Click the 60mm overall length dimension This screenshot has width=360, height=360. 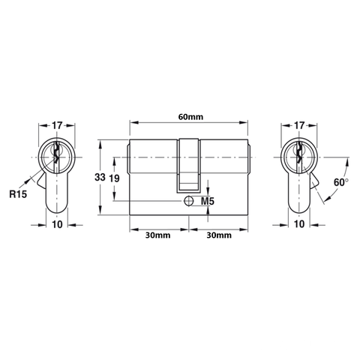coord(189,116)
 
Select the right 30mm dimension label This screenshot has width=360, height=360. coord(219,235)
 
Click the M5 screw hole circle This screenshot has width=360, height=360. coord(188,201)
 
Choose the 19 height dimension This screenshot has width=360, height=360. coord(114,178)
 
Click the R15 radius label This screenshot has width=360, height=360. coord(19,193)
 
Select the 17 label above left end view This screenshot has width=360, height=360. coord(58,125)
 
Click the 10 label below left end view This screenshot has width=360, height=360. coord(58,224)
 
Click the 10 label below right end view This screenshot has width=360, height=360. coord(298,224)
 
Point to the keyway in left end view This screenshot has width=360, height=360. coord(57,156)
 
